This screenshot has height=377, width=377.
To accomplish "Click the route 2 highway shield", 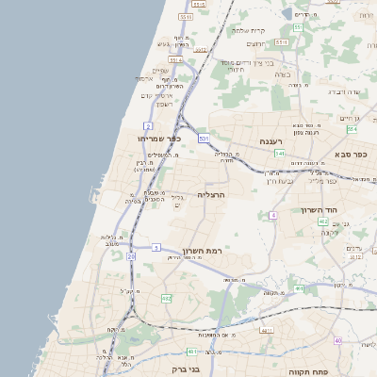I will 149,125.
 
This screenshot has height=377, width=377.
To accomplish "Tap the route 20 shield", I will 131,255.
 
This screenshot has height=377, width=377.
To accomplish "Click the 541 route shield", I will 280,153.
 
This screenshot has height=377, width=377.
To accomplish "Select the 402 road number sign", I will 323,221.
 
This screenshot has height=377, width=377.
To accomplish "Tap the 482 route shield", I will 167,298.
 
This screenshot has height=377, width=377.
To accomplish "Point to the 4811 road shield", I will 267,331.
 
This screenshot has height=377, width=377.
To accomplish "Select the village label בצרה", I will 292,72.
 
